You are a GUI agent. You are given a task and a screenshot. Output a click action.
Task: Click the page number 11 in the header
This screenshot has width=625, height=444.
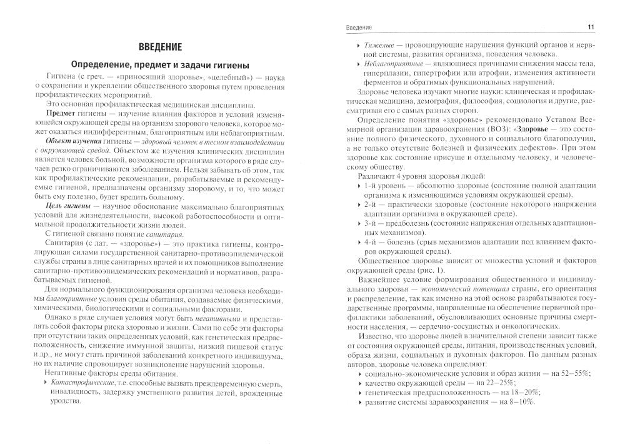tap(590, 27)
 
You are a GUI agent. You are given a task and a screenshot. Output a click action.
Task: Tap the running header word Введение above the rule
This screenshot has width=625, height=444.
tap(359, 27)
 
